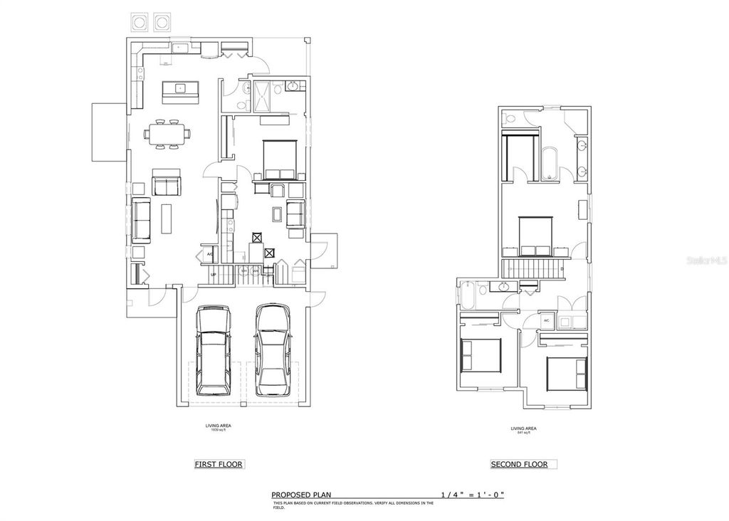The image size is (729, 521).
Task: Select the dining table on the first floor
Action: (167, 133)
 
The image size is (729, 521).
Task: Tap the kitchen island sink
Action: (180, 89)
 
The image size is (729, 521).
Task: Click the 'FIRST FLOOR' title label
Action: (219, 465)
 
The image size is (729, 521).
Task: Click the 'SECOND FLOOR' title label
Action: (519, 465)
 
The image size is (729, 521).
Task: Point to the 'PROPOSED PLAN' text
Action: (301, 495)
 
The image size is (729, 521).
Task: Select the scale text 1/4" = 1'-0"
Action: (472, 495)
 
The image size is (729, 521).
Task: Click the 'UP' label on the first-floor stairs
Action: (213, 275)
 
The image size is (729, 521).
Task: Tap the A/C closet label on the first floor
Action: (210, 254)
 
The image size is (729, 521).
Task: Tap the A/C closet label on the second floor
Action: (546, 321)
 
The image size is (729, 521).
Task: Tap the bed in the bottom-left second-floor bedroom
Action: (481, 354)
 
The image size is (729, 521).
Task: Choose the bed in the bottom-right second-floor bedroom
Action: (566, 373)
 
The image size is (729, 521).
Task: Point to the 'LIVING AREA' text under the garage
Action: (218, 426)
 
